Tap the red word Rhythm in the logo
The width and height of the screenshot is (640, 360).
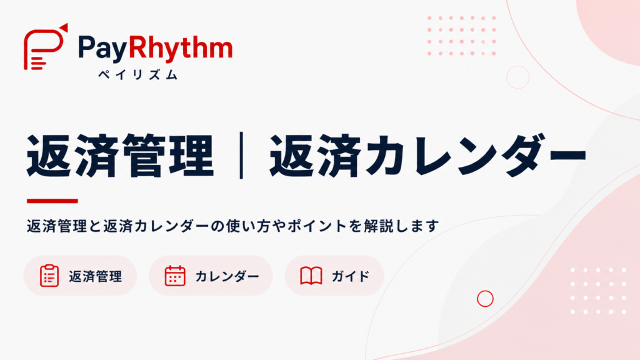pyautogui.click(x=181, y=48)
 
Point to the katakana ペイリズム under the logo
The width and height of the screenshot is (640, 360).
pyautogui.click(x=138, y=75)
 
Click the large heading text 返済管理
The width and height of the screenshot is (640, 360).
pyautogui.click(x=121, y=156)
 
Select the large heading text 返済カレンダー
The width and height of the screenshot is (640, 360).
pyautogui.click(x=428, y=156)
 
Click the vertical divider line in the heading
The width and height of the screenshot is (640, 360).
pyautogui.click(x=242, y=155)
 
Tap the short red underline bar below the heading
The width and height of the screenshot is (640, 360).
pyautogui.click(x=52, y=201)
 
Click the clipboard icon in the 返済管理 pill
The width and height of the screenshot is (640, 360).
pyautogui.click(x=49, y=276)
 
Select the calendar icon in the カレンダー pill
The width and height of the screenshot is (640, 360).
pyautogui.click(x=175, y=276)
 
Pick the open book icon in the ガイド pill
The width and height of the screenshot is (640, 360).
pyautogui.click(x=311, y=276)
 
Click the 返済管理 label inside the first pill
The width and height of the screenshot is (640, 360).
pyautogui.click(x=96, y=276)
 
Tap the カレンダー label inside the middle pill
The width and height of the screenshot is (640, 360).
pyautogui.click(x=227, y=276)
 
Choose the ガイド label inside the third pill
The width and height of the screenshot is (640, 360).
pyautogui.click(x=351, y=276)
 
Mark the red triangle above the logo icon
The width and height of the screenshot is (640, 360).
pyautogui.click(x=64, y=27)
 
